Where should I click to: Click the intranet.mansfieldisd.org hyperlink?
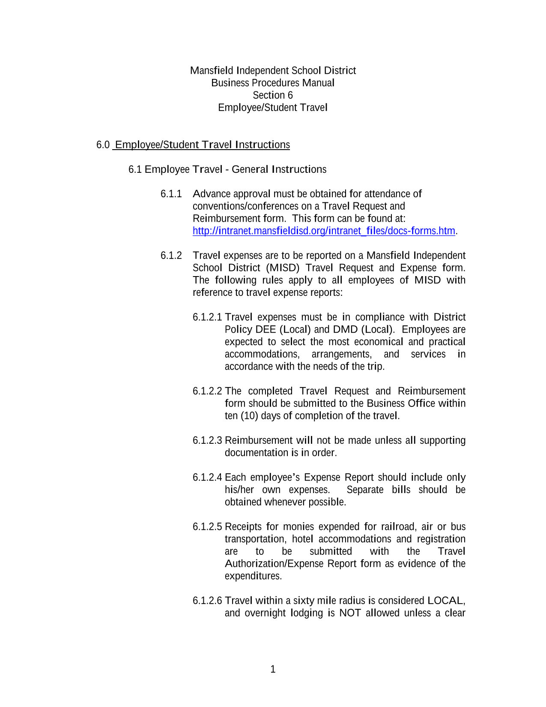tap(323, 231)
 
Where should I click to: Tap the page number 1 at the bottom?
tap(273, 669)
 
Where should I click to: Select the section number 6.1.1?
tap(171, 194)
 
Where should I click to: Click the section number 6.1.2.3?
tap(207, 440)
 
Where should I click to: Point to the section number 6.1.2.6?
tap(207, 601)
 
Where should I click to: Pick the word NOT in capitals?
tap(350, 613)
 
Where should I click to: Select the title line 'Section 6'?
tap(273, 95)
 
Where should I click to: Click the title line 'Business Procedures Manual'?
tap(273, 83)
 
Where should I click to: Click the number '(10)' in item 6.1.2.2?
tap(249, 416)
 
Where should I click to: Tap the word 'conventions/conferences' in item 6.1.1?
tap(245, 206)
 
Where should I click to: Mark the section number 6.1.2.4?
tap(207, 478)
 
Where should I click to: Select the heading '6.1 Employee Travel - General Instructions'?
tap(227, 169)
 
